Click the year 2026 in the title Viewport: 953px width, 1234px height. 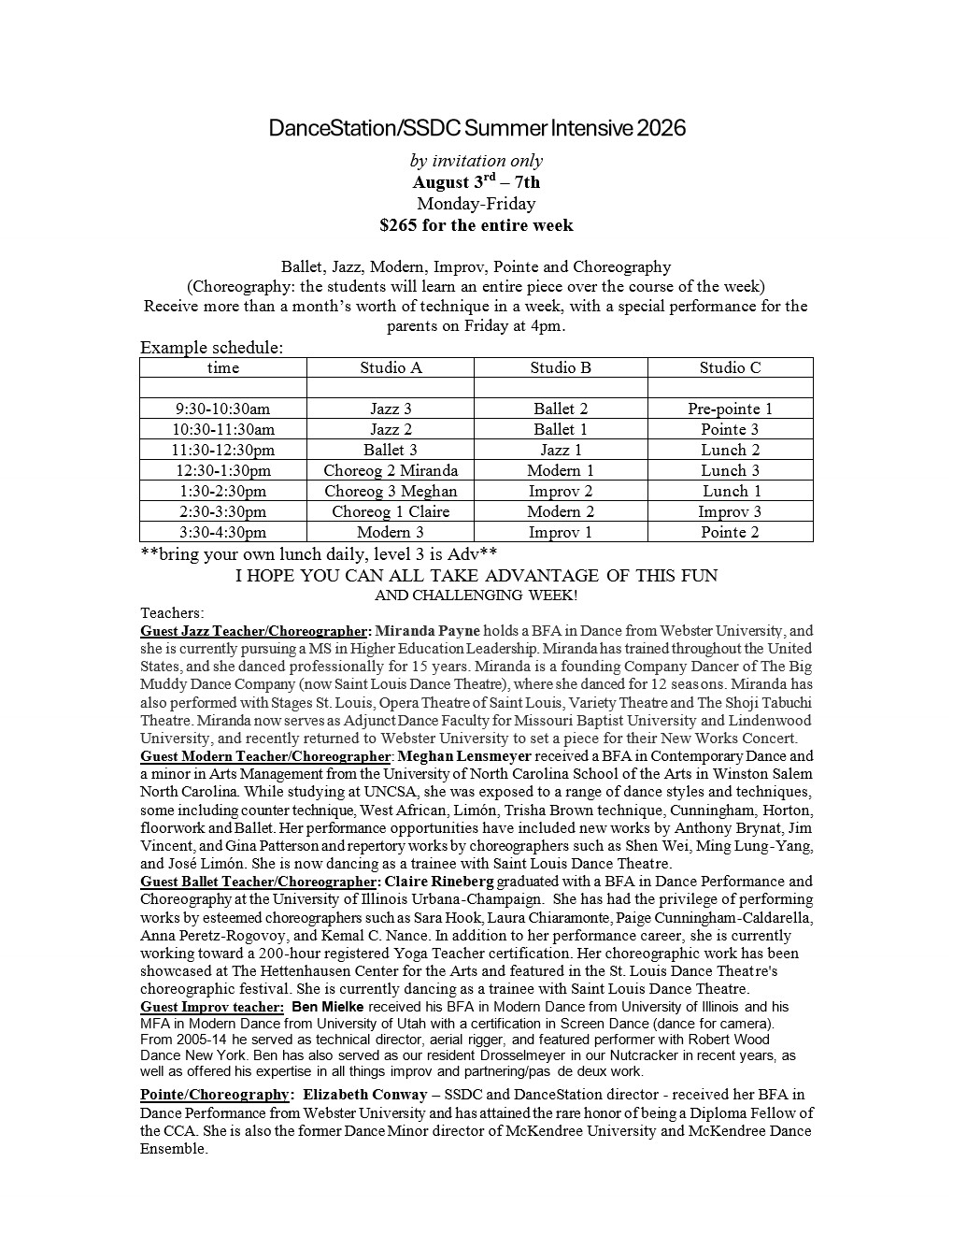[x=661, y=128]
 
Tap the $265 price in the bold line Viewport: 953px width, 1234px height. [x=399, y=225]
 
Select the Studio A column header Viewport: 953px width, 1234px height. [x=391, y=367]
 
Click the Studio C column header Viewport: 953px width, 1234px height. [x=730, y=367]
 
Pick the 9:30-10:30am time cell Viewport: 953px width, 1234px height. [x=222, y=409]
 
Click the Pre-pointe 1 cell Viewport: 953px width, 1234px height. [x=730, y=409]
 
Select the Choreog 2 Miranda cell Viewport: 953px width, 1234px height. [x=391, y=470]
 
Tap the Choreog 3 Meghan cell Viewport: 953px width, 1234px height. [x=391, y=491]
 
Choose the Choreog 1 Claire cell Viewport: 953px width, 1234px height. [x=391, y=511]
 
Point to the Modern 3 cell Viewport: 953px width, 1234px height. [x=391, y=532]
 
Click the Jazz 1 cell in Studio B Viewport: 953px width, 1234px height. [x=561, y=450]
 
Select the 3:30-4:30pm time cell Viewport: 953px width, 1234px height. [x=222, y=532]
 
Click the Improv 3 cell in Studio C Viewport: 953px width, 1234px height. [x=730, y=511]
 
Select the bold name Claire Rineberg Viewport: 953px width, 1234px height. [x=438, y=882]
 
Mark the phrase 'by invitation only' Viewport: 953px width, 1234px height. [x=476, y=161]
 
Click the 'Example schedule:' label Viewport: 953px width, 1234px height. [x=211, y=348]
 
